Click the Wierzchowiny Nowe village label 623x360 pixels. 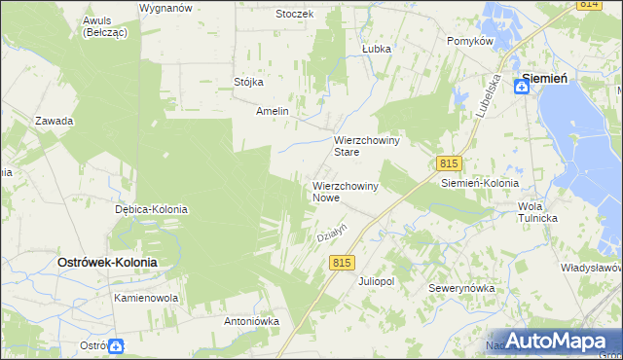(345, 191)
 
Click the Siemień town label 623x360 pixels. (545, 80)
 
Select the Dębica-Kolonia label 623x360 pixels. (151, 209)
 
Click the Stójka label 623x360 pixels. (249, 82)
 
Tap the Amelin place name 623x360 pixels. (273, 111)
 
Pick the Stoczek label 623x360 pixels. (294, 14)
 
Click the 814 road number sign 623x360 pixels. (588, 5)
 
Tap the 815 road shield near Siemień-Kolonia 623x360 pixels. (449, 163)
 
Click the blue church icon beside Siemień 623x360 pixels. (523, 87)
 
